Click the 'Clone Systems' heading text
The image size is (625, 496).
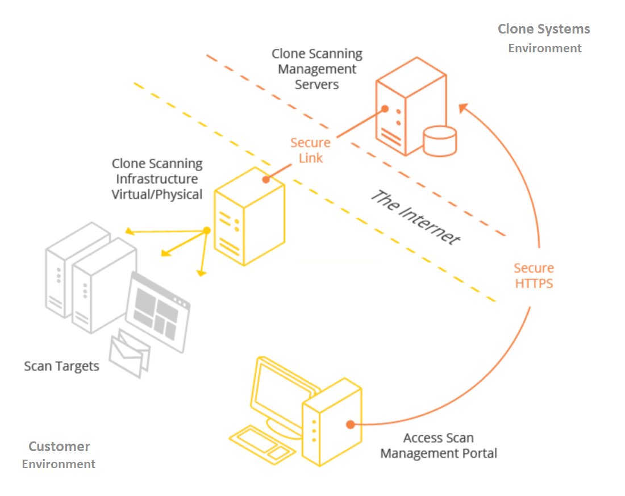tap(544, 29)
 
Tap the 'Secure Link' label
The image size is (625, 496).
tap(310, 151)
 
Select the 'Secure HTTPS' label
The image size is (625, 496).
tap(534, 276)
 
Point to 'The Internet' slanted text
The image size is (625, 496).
tap(415, 217)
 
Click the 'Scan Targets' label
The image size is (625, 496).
tap(61, 366)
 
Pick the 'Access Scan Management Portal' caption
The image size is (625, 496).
tap(439, 445)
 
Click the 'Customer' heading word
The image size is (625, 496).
tap(59, 446)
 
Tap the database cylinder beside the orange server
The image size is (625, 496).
tap(440, 141)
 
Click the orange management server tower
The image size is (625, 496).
tap(411, 106)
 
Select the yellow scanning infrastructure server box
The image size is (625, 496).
tap(249, 216)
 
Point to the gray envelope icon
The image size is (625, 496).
tap(130, 353)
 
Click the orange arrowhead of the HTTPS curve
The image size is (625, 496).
tap(464, 108)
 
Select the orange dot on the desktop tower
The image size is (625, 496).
tap(351, 424)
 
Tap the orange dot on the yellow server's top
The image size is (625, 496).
tap(266, 180)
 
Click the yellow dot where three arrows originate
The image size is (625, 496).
tap(207, 231)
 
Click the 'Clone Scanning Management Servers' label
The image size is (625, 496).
tap(317, 69)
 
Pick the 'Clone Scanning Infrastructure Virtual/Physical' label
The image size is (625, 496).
tap(157, 179)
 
